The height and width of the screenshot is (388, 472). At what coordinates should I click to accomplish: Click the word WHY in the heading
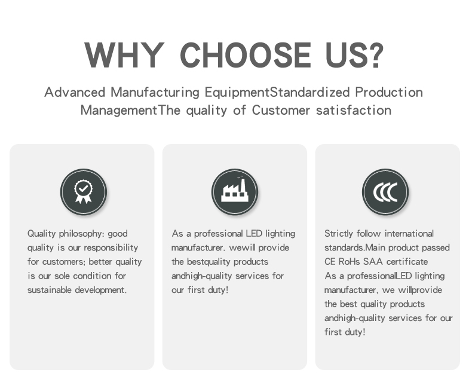pos(124,55)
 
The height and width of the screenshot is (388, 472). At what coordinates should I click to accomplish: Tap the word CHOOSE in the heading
pos(246,55)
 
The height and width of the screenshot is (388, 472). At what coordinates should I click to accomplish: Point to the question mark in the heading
pos(375,55)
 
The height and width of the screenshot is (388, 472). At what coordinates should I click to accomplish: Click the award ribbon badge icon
pos(84,192)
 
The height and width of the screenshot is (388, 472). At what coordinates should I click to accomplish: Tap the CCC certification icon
pos(385,192)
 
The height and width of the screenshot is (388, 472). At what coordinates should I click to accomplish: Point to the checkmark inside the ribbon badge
pos(84,188)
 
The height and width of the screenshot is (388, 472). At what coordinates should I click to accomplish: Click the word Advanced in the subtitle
pos(75,92)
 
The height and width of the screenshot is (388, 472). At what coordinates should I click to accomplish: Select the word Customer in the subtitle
pos(281,110)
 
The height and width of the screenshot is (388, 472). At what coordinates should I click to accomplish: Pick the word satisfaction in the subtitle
pos(354,110)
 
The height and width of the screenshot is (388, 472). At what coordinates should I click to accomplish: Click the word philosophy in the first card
pos(81,234)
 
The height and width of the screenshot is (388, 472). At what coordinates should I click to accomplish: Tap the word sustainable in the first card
pos(50,290)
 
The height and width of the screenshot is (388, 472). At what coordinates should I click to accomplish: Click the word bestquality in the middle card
pos(209,262)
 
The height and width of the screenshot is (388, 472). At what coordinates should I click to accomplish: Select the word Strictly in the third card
pos(339,234)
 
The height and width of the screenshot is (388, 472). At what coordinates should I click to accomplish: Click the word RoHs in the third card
pos(349,261)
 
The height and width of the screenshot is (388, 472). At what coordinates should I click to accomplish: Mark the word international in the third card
pos(409,234)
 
